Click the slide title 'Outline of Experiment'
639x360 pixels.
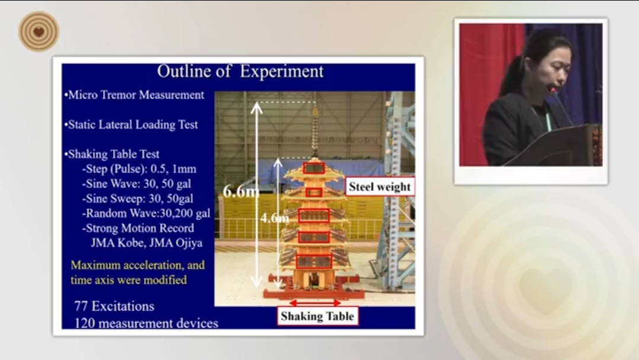click(240, 71)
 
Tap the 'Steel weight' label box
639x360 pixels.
click(380, 187)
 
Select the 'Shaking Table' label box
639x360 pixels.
click(318, 316)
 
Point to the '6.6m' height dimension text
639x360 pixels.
click(241, 191)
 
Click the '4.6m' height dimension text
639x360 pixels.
click(274, 218)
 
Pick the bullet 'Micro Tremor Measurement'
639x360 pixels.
click(134, 95)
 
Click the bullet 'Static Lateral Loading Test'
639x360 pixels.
click(131, 125)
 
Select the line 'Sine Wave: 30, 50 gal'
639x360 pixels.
click(136, 184)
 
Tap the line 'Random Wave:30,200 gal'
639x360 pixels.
click(146, 214)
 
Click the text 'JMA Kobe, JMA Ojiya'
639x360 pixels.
click(147, 243)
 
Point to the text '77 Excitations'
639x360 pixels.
click(114, 306)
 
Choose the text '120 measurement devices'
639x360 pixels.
click(146, 323)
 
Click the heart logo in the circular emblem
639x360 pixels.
click(39, 32)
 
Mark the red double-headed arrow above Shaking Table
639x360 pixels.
click(315, 303)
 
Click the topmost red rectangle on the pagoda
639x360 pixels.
click(314, 168)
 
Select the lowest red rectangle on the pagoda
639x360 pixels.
click(314, 262)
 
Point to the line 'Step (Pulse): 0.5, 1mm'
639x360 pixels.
click(139, 169)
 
